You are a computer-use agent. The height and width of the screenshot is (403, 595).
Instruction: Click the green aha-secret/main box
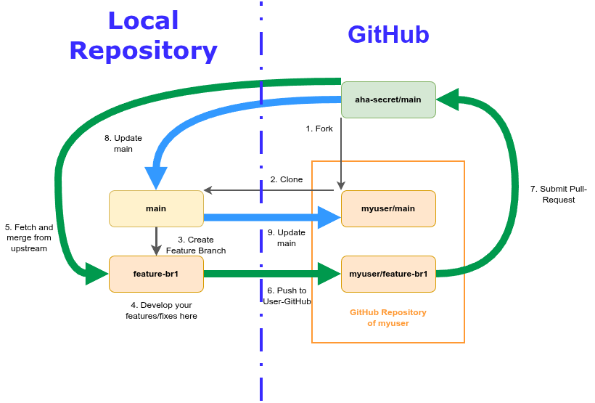tap(388, 99)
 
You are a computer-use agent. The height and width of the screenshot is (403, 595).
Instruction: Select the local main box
tap(156, 208)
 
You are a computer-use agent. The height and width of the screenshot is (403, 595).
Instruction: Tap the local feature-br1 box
tap(156, 274)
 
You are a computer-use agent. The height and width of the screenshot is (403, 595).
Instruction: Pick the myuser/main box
tap(388, 208)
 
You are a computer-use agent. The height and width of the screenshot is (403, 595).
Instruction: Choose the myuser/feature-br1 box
tap(388, 274)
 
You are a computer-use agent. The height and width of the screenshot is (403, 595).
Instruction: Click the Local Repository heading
tap(143, 36)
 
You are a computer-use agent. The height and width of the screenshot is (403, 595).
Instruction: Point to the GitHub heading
tap(388, 35)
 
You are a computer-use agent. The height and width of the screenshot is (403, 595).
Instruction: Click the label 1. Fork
tap(319, 129)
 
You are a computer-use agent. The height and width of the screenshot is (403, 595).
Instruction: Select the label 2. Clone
tap(287, 179)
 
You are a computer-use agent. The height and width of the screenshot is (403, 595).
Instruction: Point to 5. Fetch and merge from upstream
tap(29, 237)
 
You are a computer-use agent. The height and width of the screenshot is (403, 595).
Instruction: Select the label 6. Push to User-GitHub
tap(287, 296)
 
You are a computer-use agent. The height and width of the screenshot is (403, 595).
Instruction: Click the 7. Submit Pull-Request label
tap(558, 194)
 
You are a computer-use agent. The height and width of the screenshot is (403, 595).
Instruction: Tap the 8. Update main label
tap(123, 143)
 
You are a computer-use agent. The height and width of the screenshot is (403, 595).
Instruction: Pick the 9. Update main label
tap(287, 237)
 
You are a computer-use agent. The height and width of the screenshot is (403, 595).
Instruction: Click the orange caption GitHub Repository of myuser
tap(388, 317)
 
